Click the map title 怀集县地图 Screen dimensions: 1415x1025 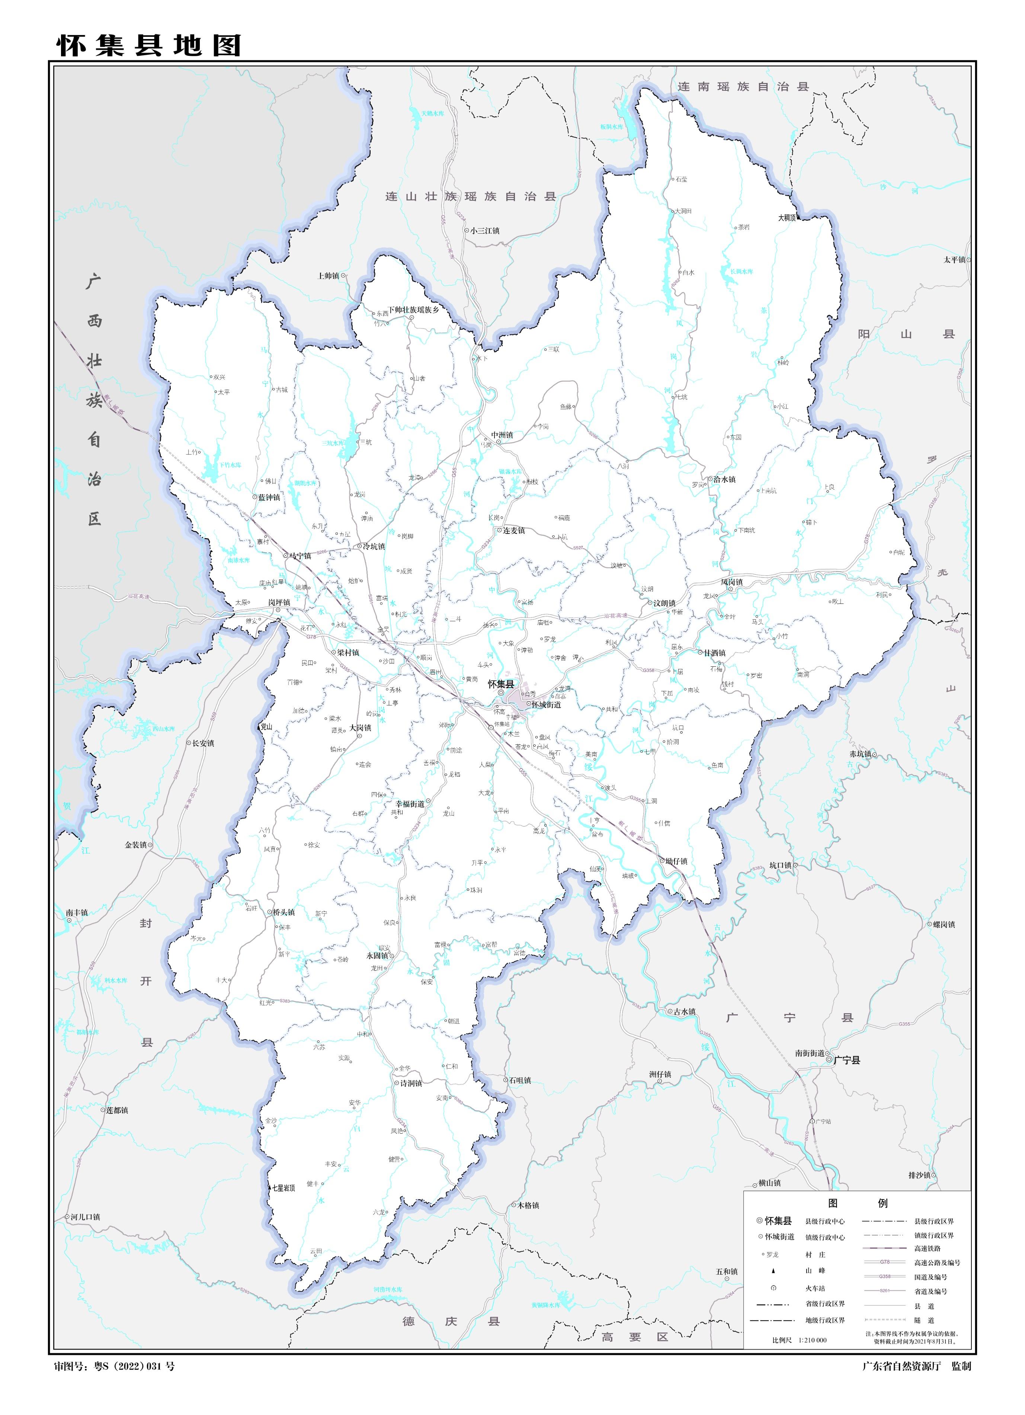(x=148, y=45)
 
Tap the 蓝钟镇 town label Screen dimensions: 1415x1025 (x=269, y=497)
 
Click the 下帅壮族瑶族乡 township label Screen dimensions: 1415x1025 (x=414, y=310)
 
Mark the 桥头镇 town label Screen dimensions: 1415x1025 (x=284, y=912)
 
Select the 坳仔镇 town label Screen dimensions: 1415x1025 (x=676, y=861)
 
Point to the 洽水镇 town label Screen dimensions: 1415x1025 (x=724, y=479)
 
